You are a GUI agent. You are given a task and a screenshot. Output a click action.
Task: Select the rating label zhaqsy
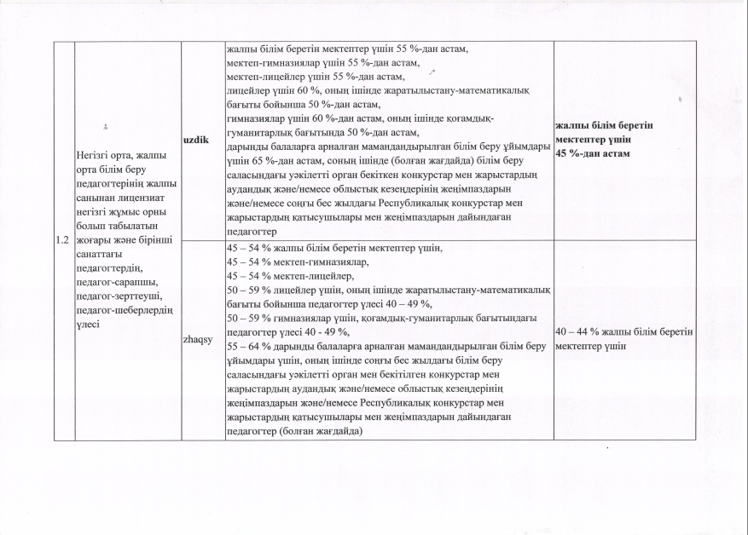click(198, 339)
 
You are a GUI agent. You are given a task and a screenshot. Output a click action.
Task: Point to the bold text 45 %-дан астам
click(592, 153)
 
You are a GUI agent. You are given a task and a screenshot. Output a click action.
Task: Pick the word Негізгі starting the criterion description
click(96, 156)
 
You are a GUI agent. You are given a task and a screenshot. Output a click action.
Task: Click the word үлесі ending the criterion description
click(91, 324)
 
